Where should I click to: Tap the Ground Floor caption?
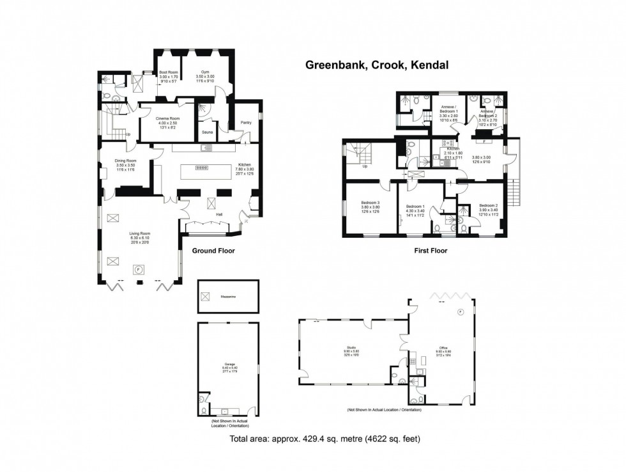pos(213,251)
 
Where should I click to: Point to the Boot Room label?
pos(168,73)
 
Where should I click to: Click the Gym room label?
pos(205,73)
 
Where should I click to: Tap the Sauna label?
pos(207,132)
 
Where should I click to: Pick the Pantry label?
pos(246,122)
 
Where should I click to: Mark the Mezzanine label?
pos(228,297)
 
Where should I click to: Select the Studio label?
pos(352,349)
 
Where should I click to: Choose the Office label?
pos(443,348)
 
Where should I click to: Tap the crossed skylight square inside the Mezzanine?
pos(205,295)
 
